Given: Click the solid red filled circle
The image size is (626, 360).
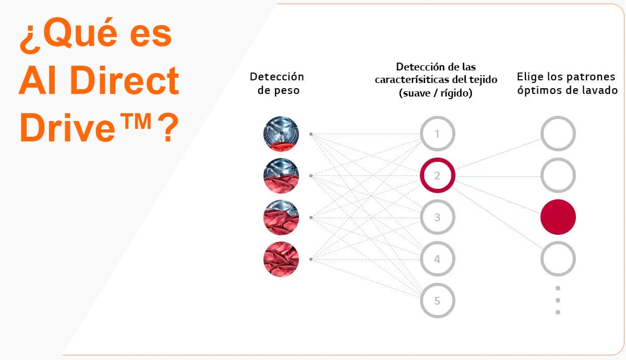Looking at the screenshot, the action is coord(558,217).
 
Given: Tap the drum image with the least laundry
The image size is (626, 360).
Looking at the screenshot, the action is coord(281,134).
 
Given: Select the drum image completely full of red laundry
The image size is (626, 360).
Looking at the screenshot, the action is coord(281,259).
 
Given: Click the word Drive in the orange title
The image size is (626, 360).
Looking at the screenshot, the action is coord(67,128).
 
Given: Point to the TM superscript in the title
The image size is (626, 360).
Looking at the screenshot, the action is coord(136,121).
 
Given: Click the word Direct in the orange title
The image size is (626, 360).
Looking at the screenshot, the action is coord(125,80).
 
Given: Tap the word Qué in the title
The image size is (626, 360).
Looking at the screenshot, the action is coord(80,32).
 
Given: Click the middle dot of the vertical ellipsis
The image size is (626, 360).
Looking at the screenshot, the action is coord(558,300).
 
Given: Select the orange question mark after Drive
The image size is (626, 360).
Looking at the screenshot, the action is coord(168,127).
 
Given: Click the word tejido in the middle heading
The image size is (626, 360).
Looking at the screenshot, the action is coord(483,80).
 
